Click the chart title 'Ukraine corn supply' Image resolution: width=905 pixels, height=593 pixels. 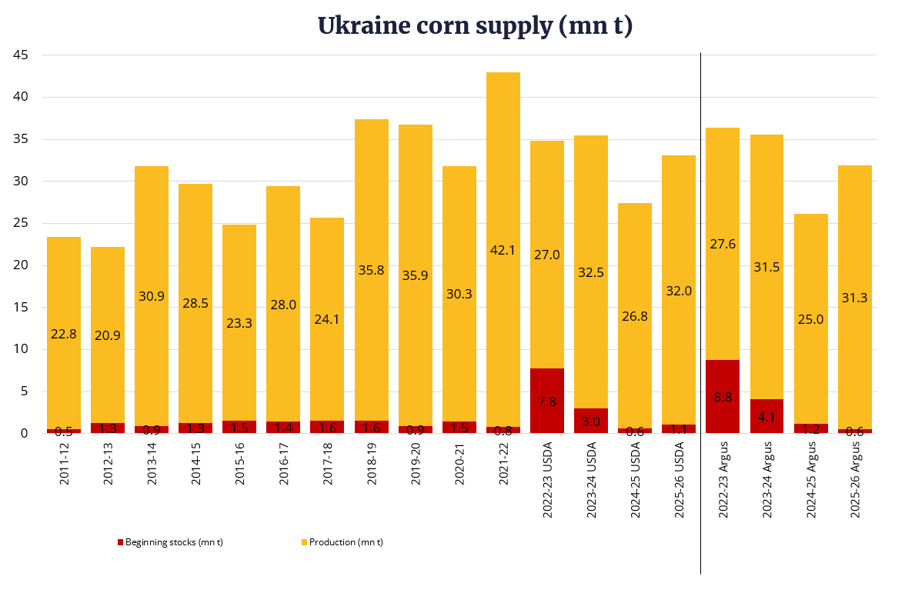(475, 25)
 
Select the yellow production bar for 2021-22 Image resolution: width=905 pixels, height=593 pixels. (503, 192)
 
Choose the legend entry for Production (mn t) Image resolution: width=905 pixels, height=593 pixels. (342, 542)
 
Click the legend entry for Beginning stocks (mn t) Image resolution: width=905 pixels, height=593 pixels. (170, 542)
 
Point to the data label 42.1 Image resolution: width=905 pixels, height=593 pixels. (503, 250)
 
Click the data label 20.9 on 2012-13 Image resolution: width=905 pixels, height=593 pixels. (108, 335)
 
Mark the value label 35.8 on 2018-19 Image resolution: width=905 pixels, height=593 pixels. (372, 270)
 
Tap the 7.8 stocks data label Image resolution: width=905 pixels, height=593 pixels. (547, 401)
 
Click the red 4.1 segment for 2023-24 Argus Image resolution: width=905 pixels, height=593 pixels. (766, 416)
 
